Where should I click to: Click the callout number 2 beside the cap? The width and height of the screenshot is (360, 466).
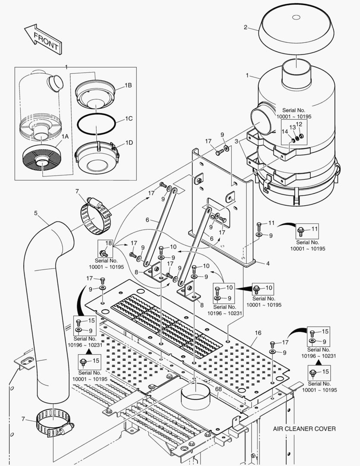(245, 27)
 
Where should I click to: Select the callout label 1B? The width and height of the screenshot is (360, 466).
(128, 85)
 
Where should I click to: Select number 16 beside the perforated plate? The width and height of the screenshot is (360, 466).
(258, 333)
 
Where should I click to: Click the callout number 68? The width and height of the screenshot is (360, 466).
(218, 390)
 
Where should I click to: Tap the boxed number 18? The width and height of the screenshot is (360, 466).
(108, 243)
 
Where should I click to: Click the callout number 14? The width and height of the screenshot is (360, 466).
(285, 131)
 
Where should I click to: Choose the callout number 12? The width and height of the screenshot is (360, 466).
(299, 124)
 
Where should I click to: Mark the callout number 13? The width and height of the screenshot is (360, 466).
(292, 128)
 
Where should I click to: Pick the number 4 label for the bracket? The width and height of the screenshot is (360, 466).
(268, 263)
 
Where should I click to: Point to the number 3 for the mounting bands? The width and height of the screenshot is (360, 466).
(236, 141)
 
